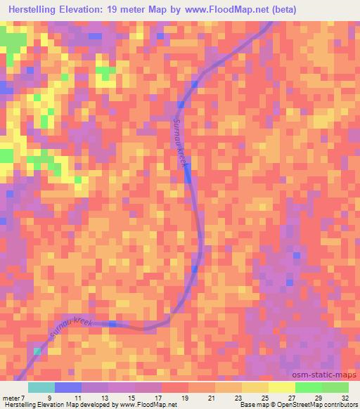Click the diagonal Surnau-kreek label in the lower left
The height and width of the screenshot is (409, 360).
pyautogui.click(x=69, y=332)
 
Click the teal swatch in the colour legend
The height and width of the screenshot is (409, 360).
pyautogui.click(x=41, y=387)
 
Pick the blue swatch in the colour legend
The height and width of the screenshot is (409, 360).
pyautogui.click(x=68, y=387)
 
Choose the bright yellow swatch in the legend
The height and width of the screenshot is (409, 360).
pyautogui.click(x=281, y=387)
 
